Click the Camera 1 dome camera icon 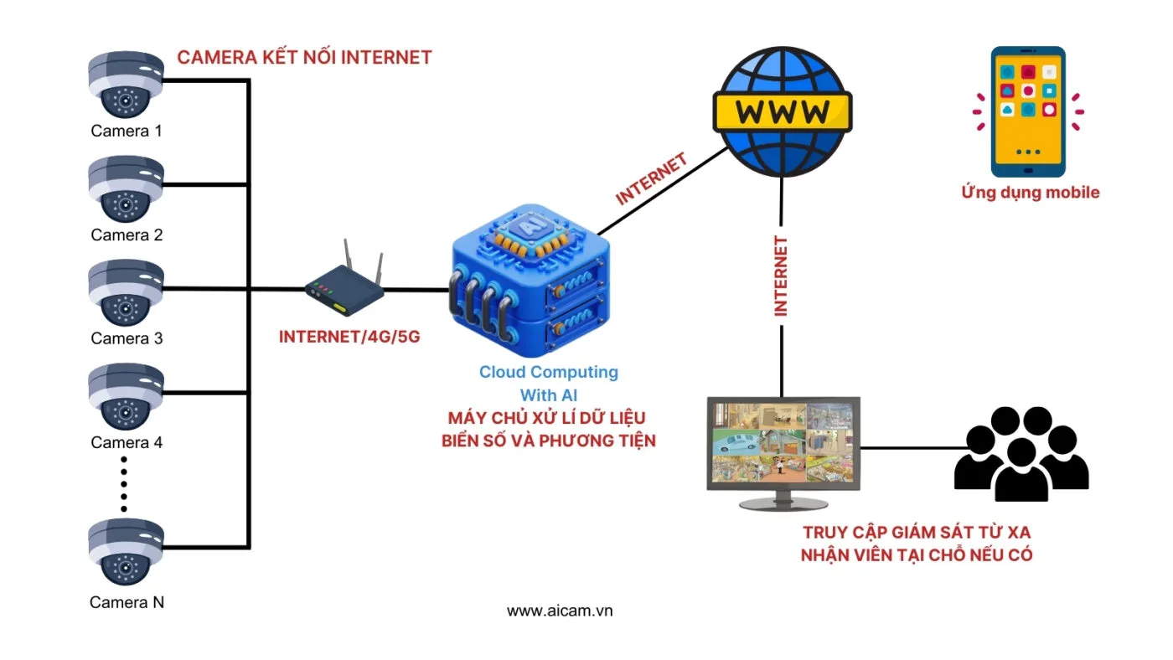click(x=126, y=85)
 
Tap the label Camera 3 click(x=127, y=338)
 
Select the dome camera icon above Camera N click(x=126, y=551)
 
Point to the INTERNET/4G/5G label click(x=349, y=338)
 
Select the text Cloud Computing click(x=549, y=372)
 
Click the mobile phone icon click(x=1028, y=111)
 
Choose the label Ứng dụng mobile click(x=1030, y=193)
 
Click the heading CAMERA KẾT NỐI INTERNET click(x=304, y=58)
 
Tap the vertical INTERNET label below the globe click(x=781, y=276)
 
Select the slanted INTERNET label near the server click(x=651, y=178)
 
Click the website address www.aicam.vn click(x=560, y=611)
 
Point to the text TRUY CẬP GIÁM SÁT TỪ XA click(x=917, y=533)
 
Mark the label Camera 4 click(x=127, y=442)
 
